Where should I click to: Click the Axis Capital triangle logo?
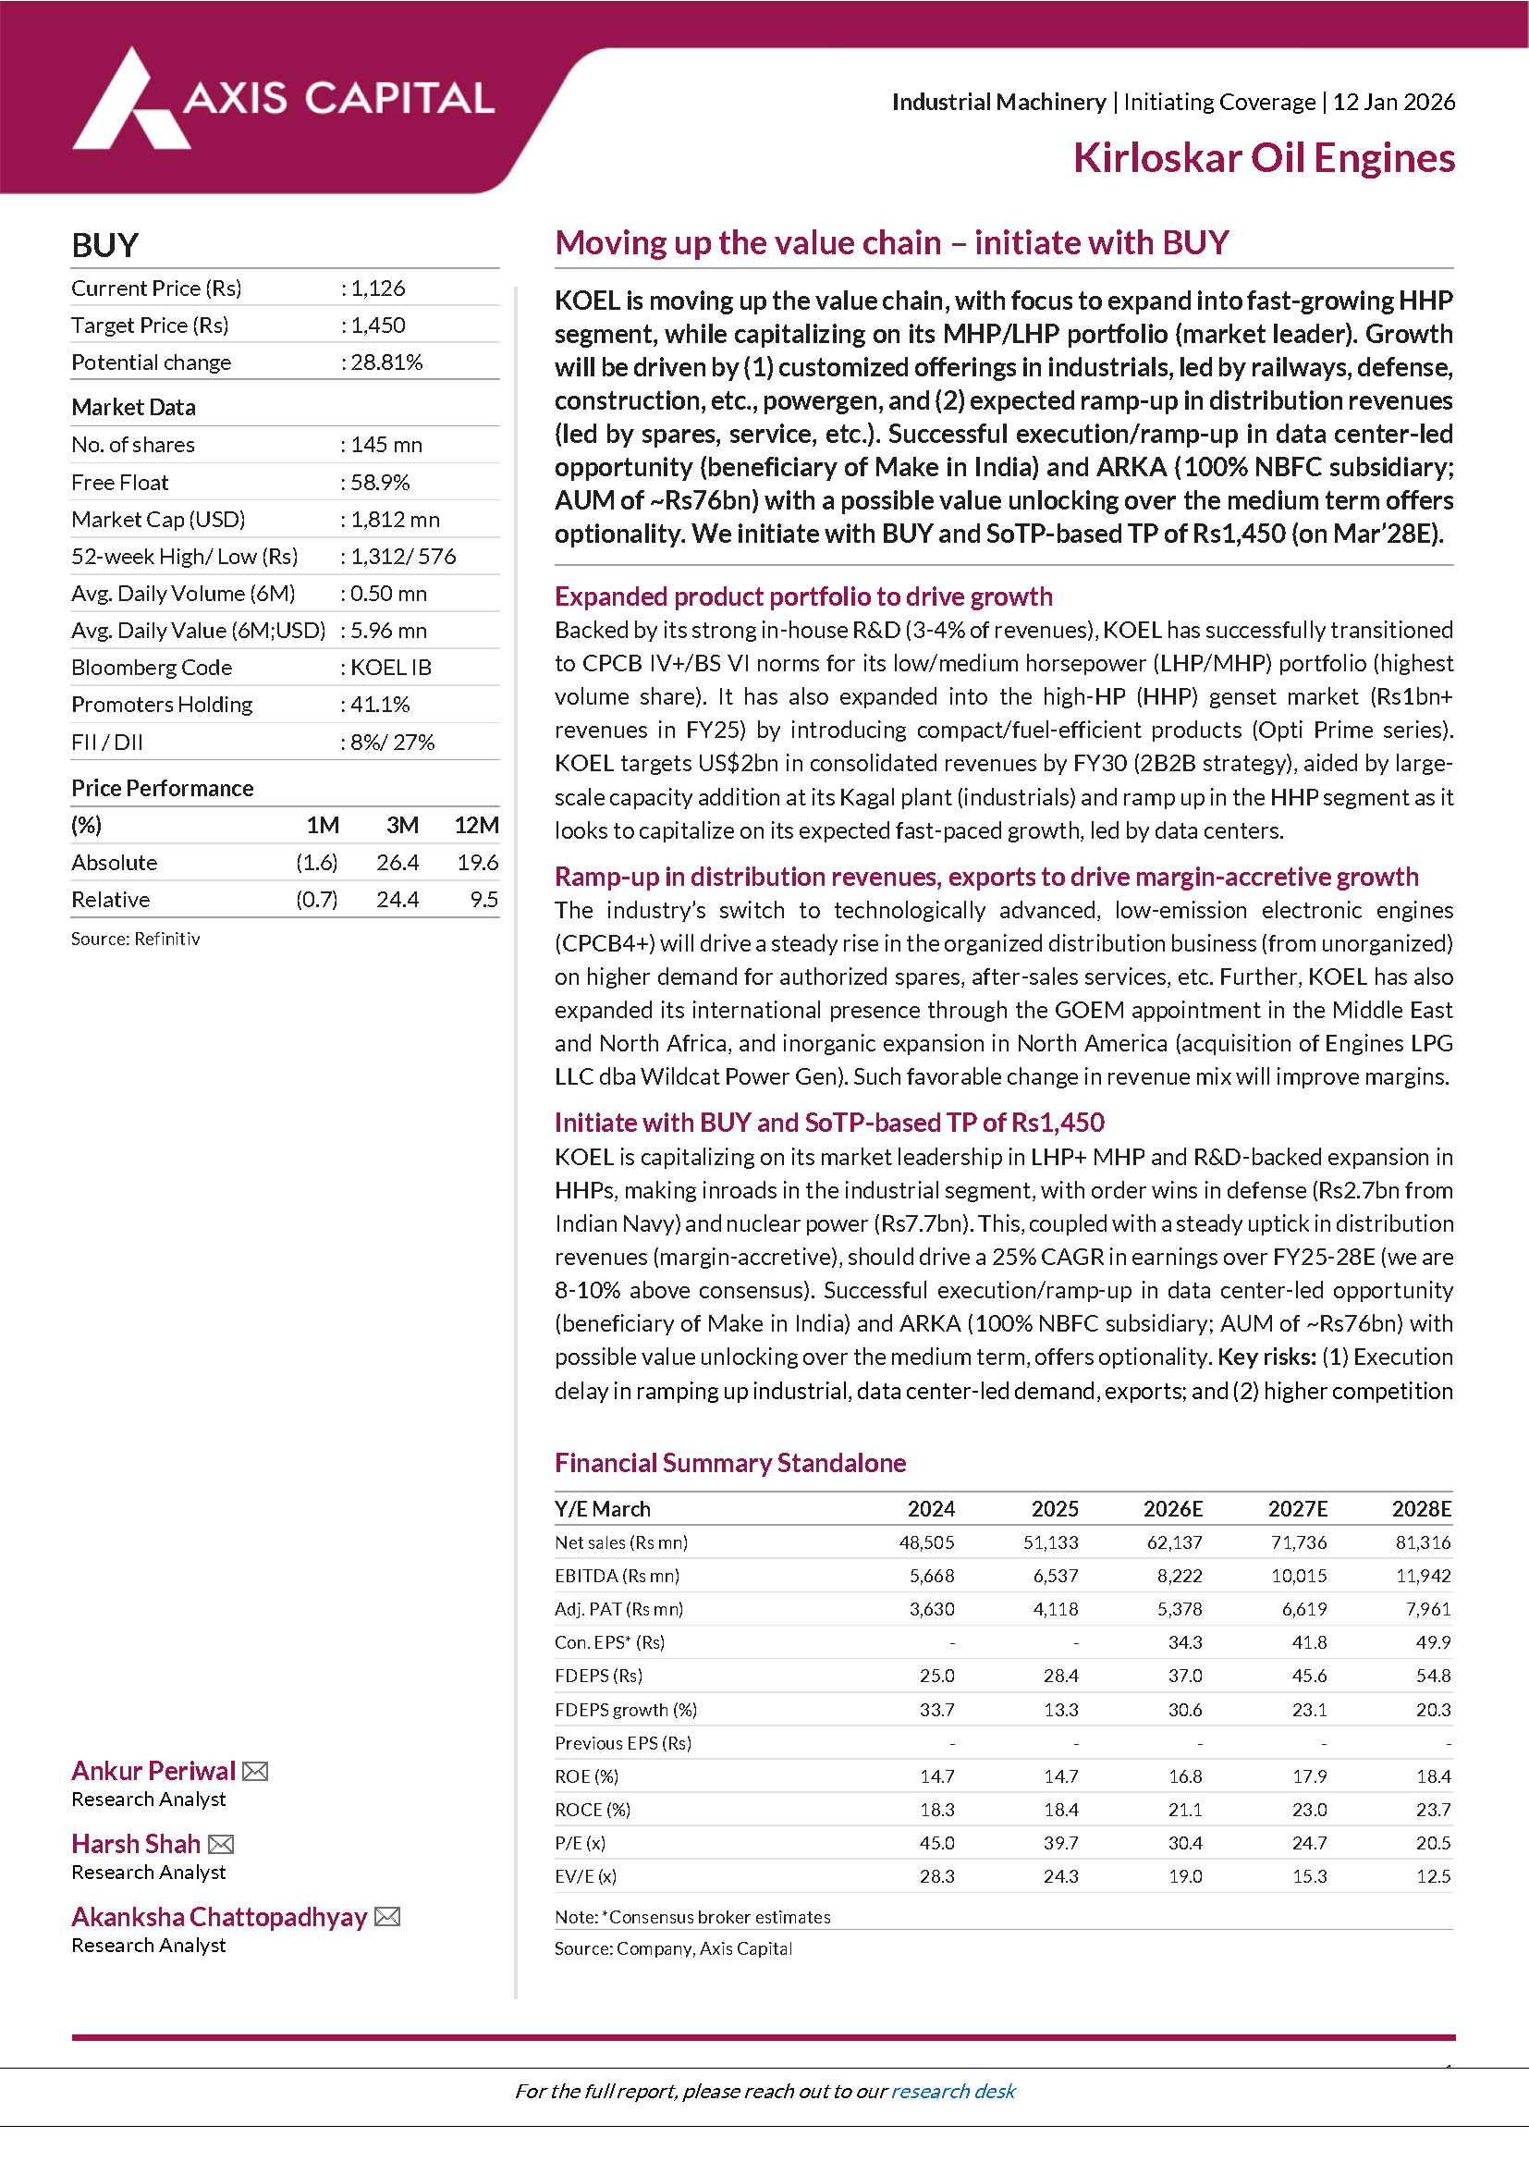[x=132, y=102]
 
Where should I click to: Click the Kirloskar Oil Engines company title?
[x=1264, y=158]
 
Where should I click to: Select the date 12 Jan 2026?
[x=1393, y=102]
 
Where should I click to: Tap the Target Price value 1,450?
[x=378, y=326]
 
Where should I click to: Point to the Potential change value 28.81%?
[x=386, y=362]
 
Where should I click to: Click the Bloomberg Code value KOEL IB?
[x=391, y=668]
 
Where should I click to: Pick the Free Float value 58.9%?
[x=380, y=483]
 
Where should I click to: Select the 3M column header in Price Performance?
[x=402, y=826]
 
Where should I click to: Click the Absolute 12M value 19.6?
[x=477, y=863]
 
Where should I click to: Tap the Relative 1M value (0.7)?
[x=316, y=900]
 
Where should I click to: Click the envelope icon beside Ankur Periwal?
[x=255, y=1771]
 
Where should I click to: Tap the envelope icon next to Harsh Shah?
[x=221, y=1844]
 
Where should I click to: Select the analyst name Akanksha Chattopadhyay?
[x=219, y=1917]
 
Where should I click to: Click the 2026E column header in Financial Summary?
[x=1172, y=1509]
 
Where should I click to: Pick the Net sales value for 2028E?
[x=1423, y=1542]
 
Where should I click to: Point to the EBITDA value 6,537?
[x=1056, y=1577]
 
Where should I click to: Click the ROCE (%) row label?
[x=593, y=1810]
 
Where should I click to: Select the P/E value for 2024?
[x=936, y=1843]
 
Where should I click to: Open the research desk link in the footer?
[x=953, y=2092]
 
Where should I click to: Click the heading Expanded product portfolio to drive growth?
[x=803, y=597]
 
